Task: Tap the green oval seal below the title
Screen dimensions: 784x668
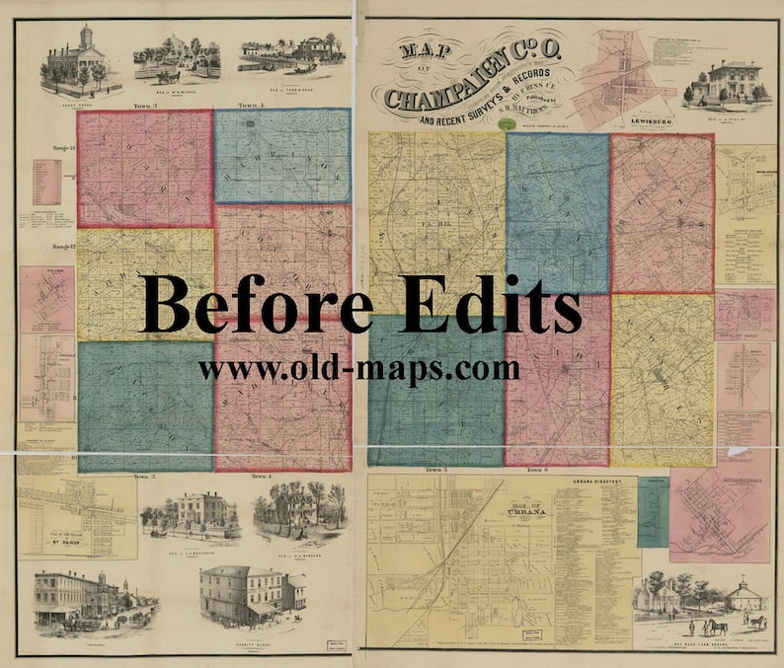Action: [508, 123]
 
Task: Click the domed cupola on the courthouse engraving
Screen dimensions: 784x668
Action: [87, 36]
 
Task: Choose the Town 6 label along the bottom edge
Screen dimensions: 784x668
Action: [538, 470]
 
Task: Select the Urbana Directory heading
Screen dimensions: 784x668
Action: [593, 483]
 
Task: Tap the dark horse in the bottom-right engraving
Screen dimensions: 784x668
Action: [712, 626]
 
